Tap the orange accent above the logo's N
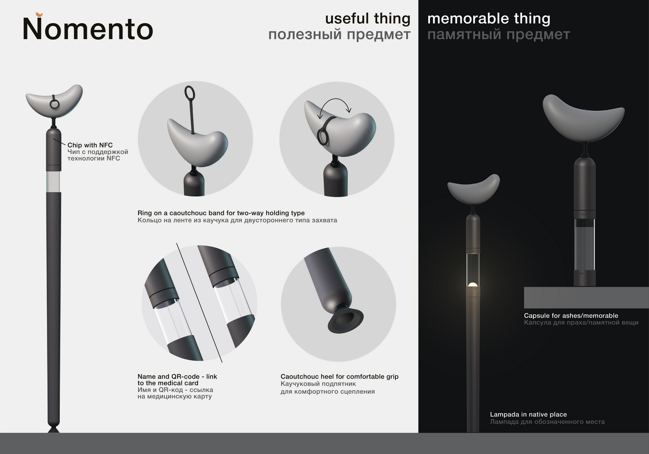click(39, 15)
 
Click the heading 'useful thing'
click(368, 19)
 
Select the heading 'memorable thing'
click(489, 19)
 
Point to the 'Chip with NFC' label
click(90, 145)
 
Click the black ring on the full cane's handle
click(54, 103)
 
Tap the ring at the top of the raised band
click(190, 92)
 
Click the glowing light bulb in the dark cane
click(473, 284)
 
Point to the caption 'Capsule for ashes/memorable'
click(571, 316)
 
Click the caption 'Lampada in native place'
click(528, 414)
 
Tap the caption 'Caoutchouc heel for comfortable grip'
click(339, 377)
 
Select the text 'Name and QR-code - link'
click(177, 376)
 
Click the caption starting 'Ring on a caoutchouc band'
click(221, 213)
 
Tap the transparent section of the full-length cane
click(53, 182)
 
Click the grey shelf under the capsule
click(586, 298)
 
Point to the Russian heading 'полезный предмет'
click(339, 34)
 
